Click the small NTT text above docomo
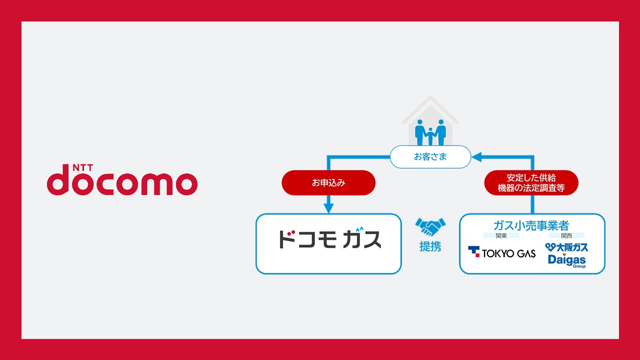[83, 167]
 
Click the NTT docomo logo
[122, 179]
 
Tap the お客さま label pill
[430, 157]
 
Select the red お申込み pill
[328, 182]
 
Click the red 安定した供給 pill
[531, 182]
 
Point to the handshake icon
[430, 227]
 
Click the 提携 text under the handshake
[430, 246]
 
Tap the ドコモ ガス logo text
[330, 238]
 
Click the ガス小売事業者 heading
[531, 225]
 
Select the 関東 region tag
[501, 235]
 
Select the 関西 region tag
[566, 235]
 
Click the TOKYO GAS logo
[501, 252]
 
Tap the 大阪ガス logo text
[566, 247]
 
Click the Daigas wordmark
[567, 259]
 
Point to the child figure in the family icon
[430, 136]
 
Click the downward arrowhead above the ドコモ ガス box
[328, 208]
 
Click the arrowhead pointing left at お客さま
[476, 157]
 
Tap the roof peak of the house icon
[430, 96]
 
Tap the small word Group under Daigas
[579, 266]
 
